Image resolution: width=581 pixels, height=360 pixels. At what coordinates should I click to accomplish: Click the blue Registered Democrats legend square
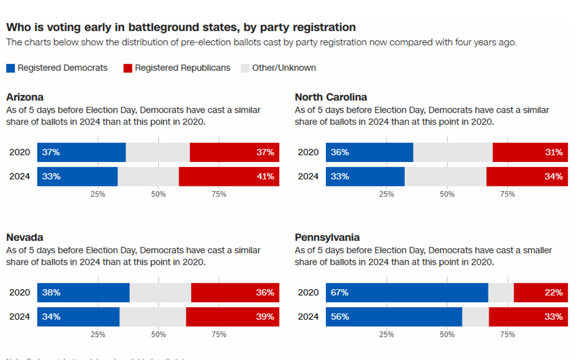coord(10,68)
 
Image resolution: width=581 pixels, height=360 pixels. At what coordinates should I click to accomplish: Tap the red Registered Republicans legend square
coord(128,68)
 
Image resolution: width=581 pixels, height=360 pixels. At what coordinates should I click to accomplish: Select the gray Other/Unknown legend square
coord(245,68)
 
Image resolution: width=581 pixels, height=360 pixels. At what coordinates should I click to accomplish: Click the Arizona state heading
coord(24,97)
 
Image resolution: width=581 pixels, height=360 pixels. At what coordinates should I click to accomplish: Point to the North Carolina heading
coord(331,97)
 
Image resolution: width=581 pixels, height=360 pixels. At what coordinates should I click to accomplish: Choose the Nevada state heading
coord(24,237)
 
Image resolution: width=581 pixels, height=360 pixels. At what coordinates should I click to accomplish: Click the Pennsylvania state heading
coord(327,237)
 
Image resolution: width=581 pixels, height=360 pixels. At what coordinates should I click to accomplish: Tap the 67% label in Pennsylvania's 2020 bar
coord(340,293)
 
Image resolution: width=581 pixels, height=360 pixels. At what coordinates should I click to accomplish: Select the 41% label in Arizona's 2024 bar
coord(265,176)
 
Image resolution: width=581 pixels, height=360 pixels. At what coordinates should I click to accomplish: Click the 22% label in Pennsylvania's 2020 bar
coord(554,293)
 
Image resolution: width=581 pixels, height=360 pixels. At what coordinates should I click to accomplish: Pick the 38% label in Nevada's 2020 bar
coord(51,293)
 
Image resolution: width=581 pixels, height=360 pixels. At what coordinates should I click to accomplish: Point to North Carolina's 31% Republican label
coord(554,153)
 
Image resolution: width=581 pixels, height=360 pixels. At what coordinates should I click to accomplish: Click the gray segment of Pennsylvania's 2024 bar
coord(476,316)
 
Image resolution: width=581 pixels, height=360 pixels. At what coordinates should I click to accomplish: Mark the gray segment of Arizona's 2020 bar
coord(158,153)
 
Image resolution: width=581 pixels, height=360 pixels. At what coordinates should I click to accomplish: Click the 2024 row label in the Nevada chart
coord(20,316)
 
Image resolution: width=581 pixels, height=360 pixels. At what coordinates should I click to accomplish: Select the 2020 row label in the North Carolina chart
coord(308,153)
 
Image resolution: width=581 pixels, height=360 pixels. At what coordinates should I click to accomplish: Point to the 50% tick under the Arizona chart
coord(159,194)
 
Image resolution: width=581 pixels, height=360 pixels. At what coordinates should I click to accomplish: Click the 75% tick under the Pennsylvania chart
coord(507,334)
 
